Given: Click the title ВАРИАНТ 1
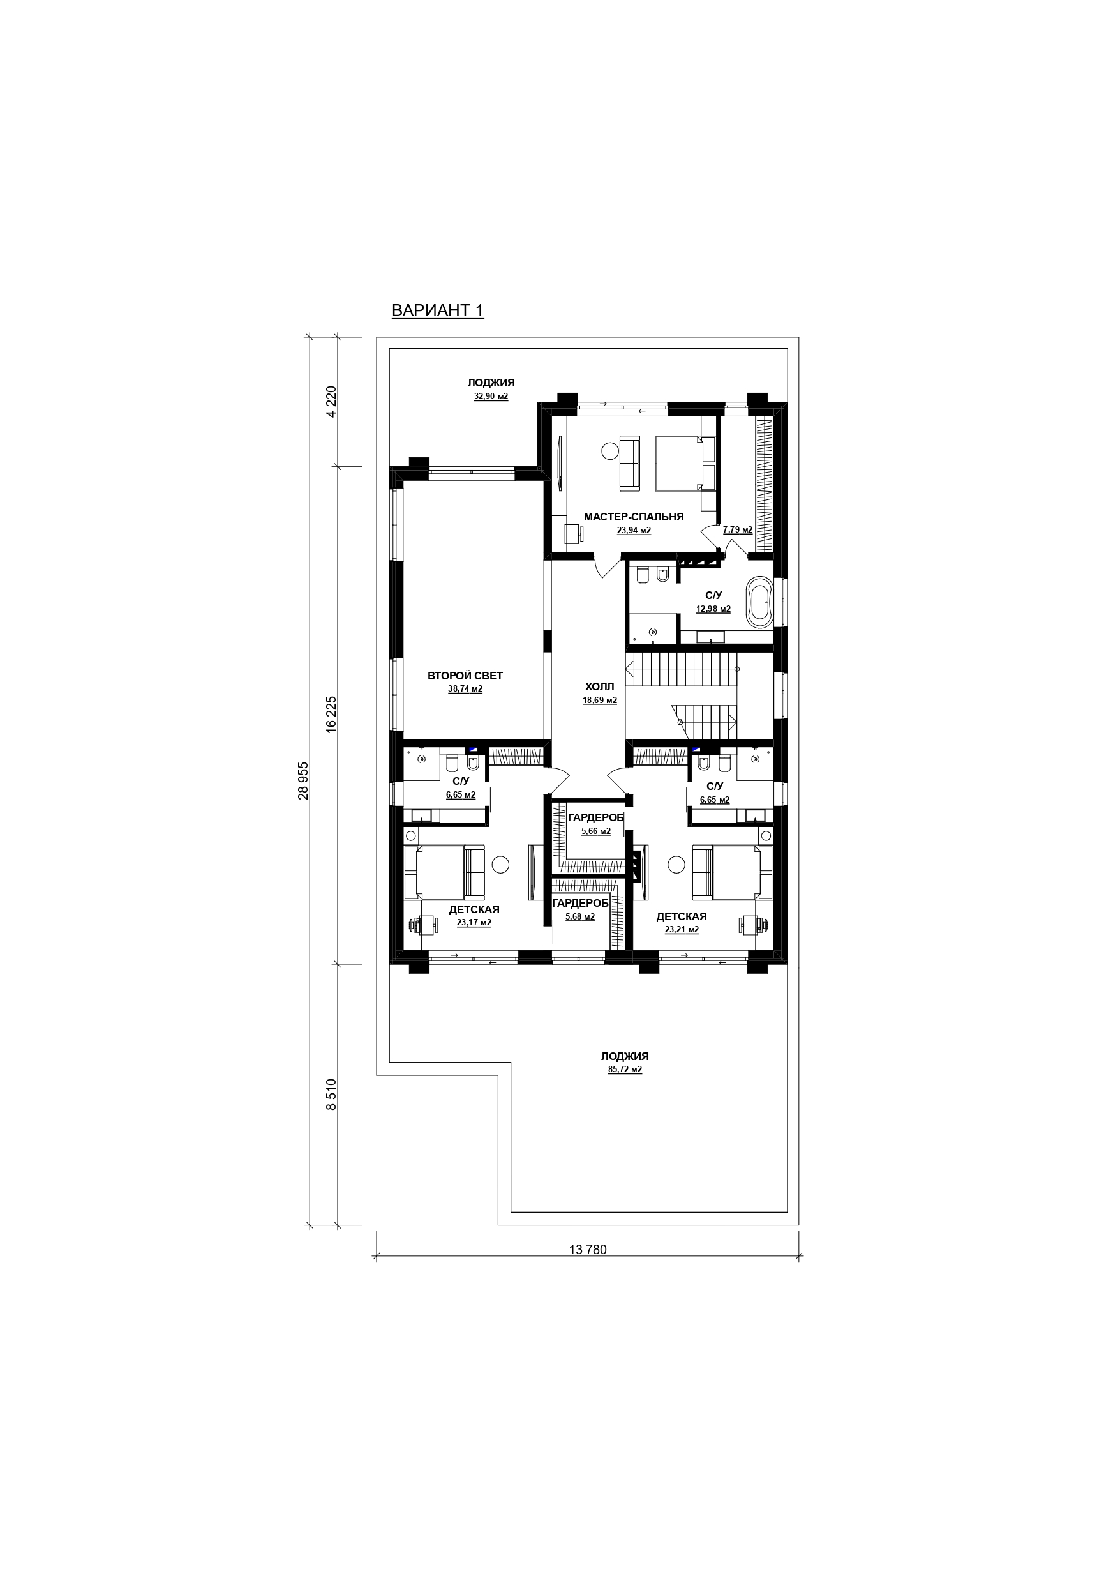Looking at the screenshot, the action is coord(438,310).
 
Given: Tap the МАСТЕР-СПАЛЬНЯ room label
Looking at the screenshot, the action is coord(634,517).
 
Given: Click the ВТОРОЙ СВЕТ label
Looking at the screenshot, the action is coord(465,676).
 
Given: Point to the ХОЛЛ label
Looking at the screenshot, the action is coord(599,687).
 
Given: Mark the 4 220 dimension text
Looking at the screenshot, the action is coord(331,402).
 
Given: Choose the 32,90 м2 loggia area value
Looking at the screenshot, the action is coord(491,396).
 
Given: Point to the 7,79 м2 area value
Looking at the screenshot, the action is coord(738,529).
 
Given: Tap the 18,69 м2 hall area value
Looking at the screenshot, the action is coord(600,700).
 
